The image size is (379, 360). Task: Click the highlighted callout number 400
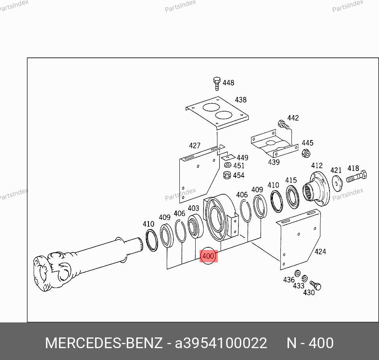(208, 256)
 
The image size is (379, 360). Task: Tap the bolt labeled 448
(217, 83)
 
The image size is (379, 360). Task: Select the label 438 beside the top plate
(241, 100)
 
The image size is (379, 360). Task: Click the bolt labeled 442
(283, 125)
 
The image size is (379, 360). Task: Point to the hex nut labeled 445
(306, 153)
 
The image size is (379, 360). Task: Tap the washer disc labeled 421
(337, 183)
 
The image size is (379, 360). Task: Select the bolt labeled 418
(356, 176)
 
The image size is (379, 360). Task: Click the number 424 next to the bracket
(320, 252)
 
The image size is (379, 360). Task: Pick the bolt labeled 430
(315, 285)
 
